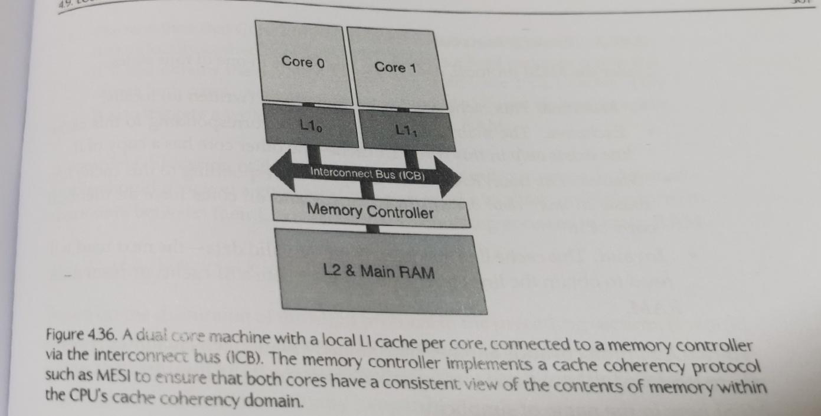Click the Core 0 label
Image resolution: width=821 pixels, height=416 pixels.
[303, 61]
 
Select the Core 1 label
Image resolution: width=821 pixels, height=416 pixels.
[395, 67]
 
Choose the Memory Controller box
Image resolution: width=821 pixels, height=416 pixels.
[370, 212]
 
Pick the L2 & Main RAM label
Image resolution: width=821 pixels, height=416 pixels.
[379, 272]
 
